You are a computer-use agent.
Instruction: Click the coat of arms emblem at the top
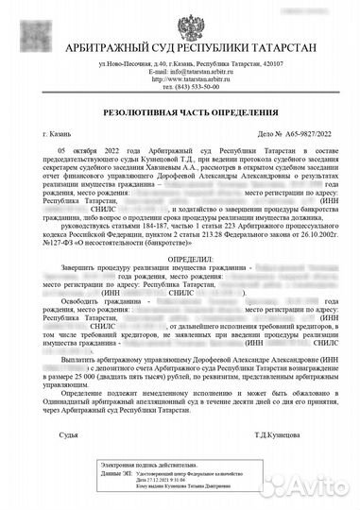coord(180,20)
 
